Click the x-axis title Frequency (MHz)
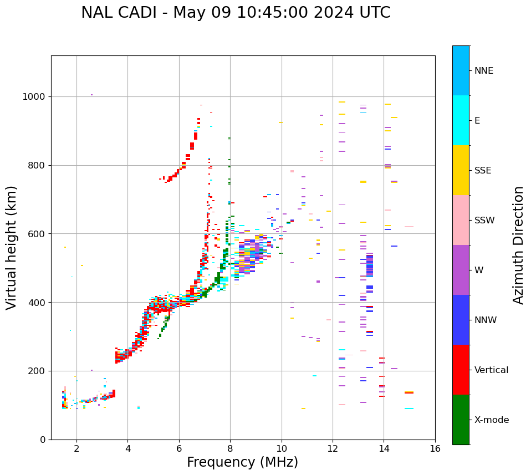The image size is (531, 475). point(242,462)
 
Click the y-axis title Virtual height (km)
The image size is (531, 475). point(12,247)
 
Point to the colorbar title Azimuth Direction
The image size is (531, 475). point(518,245)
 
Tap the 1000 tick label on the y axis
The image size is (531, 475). point(34,97)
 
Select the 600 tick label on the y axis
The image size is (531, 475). point(37,234)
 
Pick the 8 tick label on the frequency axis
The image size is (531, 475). point(230,448)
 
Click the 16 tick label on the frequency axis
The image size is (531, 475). point(435,448)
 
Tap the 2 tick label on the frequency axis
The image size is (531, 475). point(76,448)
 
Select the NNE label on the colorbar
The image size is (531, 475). point(484,71)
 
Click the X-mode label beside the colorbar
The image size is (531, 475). point(492,420)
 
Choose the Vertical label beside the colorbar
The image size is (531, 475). point(491,370)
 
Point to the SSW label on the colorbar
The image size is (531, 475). point(484,221)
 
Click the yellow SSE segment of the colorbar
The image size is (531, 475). point(461,170)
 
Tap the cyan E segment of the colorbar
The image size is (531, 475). point(461,120)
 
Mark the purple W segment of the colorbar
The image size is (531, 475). point(461,270)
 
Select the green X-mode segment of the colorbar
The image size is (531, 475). point(461,420)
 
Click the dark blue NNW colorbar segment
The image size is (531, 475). point(461,320)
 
